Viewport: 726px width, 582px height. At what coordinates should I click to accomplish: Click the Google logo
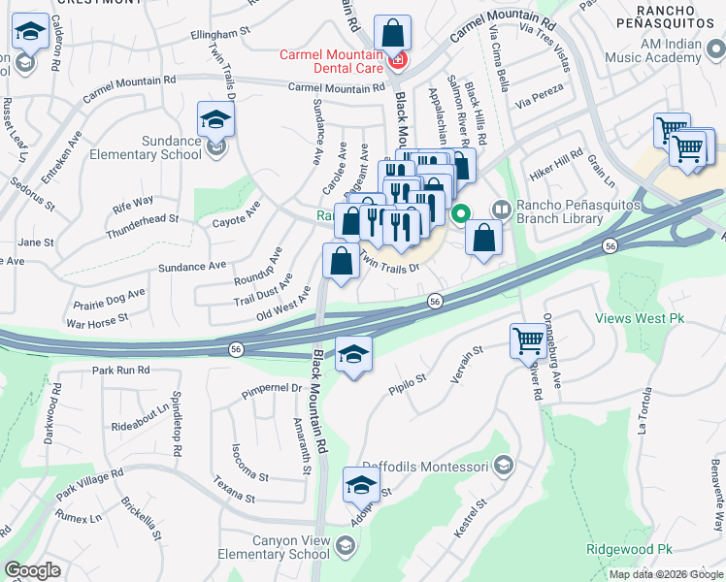[x=32, y=570]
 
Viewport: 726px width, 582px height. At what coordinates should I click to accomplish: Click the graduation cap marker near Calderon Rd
[x=31, y=36]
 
